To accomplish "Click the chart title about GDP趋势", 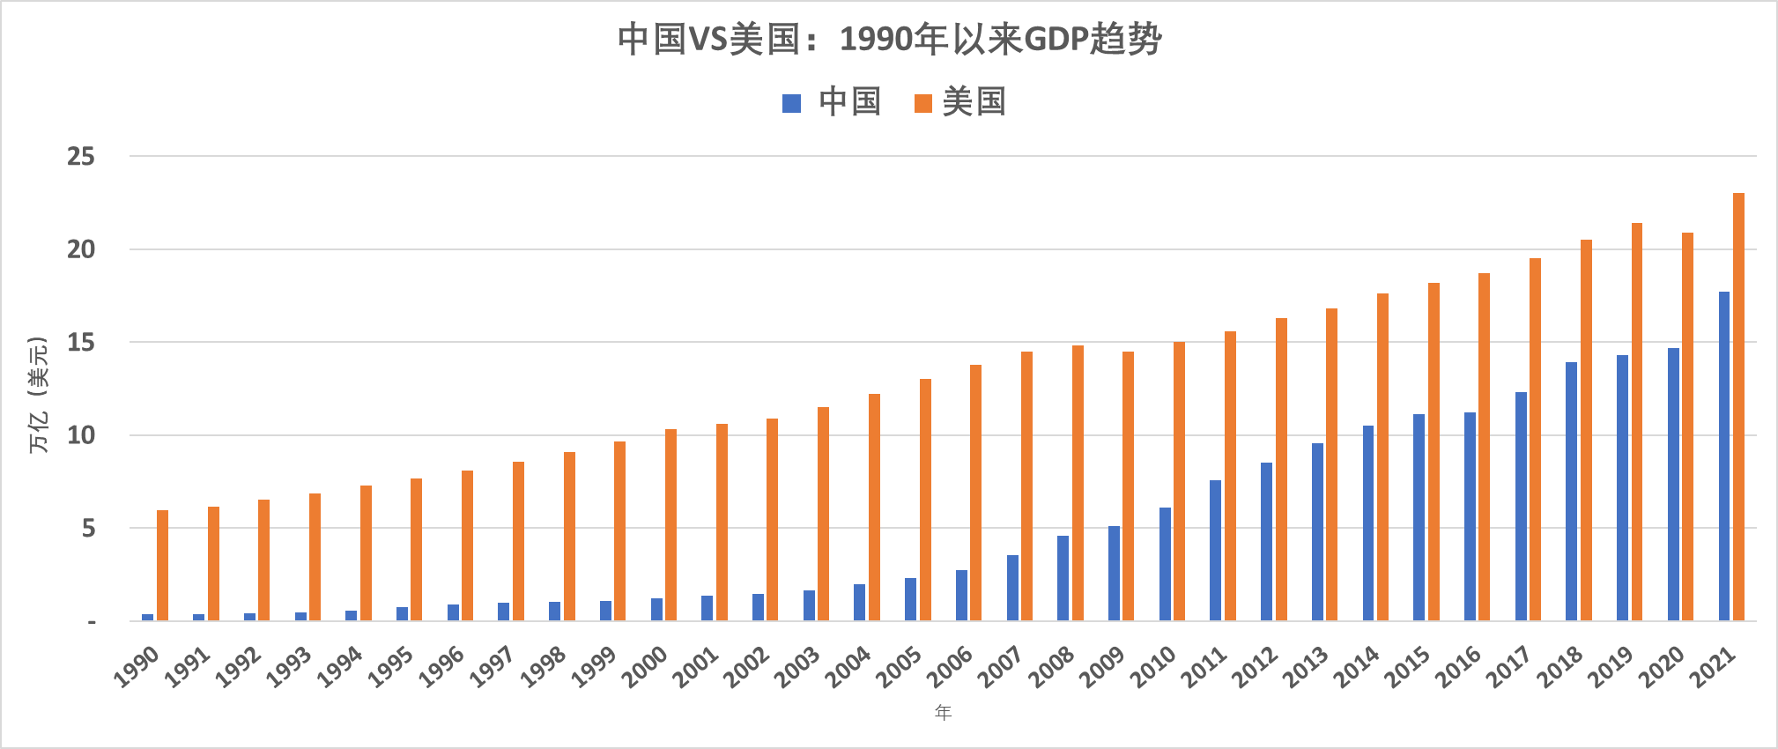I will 889,40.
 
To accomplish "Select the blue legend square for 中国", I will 791,103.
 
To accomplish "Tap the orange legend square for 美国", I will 922,103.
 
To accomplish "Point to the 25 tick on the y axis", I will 81,157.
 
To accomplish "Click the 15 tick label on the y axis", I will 81,343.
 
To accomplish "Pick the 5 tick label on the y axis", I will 88,529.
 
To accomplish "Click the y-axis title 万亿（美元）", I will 38,395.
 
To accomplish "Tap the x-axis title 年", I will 943,712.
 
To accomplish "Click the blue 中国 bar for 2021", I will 1724,456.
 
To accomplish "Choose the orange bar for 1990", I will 162,566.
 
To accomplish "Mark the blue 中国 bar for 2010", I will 1165,564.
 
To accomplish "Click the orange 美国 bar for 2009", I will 1128,486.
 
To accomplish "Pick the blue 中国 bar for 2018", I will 1571,492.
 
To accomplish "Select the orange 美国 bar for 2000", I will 670,525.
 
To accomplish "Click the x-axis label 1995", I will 391,667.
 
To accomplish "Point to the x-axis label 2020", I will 1662,667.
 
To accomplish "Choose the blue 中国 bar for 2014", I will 1368,523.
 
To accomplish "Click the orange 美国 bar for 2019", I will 1637,422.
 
